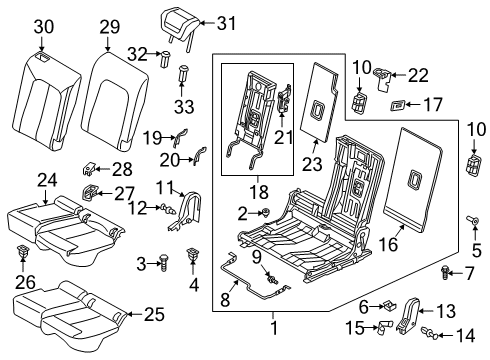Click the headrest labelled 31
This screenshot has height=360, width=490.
[x=180, y=23]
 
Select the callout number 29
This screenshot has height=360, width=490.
[x=110, y=27]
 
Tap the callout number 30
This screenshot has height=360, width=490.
[x=43, y=27]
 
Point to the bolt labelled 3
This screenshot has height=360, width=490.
[x=164, y=263]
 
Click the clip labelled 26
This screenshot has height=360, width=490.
[x=22, y=251]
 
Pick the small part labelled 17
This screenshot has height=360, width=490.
[x=397, y=105]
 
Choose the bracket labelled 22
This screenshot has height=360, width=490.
[x=382, y=78]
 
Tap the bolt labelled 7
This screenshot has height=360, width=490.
[x=445, y=272]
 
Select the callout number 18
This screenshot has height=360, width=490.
[x=259, y=192]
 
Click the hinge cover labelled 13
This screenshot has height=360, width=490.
[x=408, y=314]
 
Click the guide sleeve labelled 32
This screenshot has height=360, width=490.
[x=165, y=59]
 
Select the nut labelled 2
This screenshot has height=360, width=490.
[x=265, y=212]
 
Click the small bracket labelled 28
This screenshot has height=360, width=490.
[x=88, y=168]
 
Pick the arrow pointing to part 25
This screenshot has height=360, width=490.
[x=135, y=314]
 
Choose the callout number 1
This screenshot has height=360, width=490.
[x=274, y=328]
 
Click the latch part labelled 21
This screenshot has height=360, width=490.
[x=284, y=98]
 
